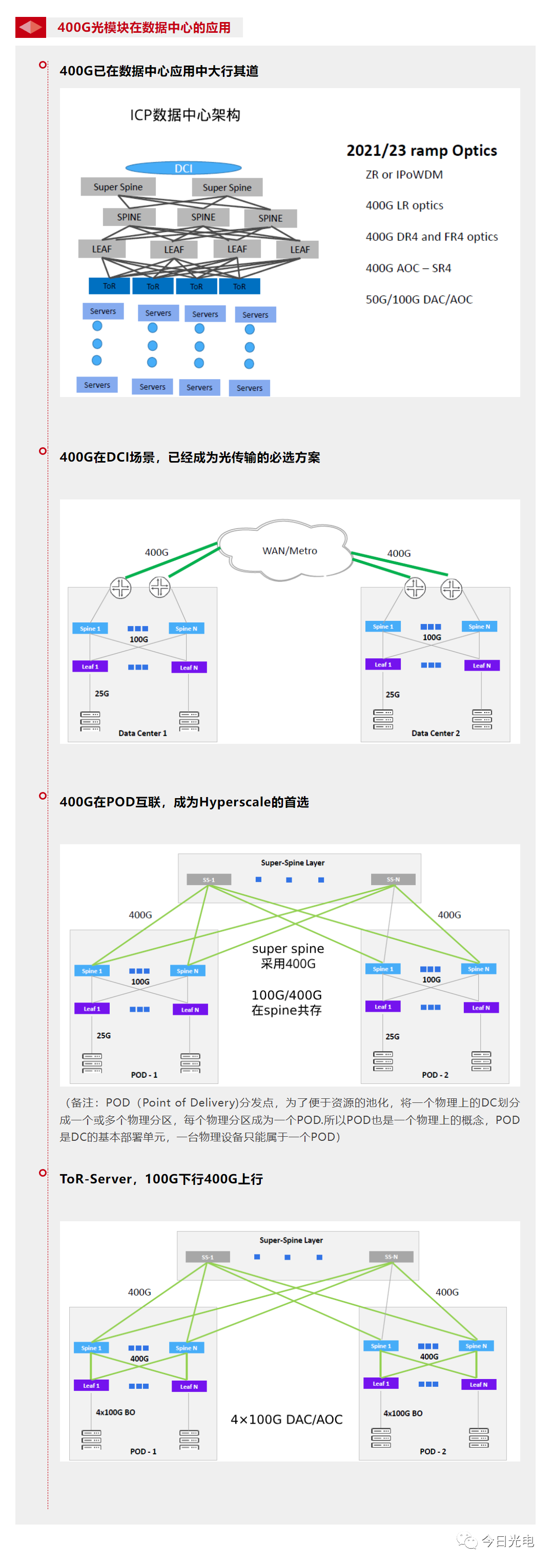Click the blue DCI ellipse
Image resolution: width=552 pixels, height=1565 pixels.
pyautogui.click(x=183, y=168)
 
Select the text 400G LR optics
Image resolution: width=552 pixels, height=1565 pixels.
pyautogui.click(x=404, y=205)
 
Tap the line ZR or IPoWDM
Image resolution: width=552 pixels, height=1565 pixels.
pyautogui.click(x=404, y=174)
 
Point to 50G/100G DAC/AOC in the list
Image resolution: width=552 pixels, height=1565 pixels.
pyautogui.click(x=418, y=299)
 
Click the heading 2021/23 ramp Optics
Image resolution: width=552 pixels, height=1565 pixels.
pyautogui.click(x=421, y=150)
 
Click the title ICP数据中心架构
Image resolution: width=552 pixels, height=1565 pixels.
pyautogui.click(x=185, y=115)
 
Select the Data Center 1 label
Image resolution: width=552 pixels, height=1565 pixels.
pyautogui.click(x=142, y=733)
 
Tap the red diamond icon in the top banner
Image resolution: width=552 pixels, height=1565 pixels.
pyautogui.click(x=30, y=27)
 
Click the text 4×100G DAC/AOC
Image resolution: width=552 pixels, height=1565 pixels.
pyautogui.click(x=287, y=1418)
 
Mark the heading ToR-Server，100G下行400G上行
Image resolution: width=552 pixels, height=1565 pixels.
pyautogui.click(x=161, y=1179)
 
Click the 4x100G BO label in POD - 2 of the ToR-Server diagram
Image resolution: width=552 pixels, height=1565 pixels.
pyautogui.click(x=402, y=1413)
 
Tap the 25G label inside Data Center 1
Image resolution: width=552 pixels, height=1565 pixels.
pyautogui.click(x=101, y=693)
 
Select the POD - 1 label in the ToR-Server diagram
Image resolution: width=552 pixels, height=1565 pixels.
pyautogui.click(x=143, y=1451)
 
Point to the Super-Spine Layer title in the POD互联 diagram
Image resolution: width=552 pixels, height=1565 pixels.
pyautogui.click(x=293, y=862)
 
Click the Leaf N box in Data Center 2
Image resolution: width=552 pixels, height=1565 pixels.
pyautogui.click(x=481, y=665)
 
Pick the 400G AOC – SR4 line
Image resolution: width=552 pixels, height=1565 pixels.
pyautogui.click(x=408, y=268)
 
